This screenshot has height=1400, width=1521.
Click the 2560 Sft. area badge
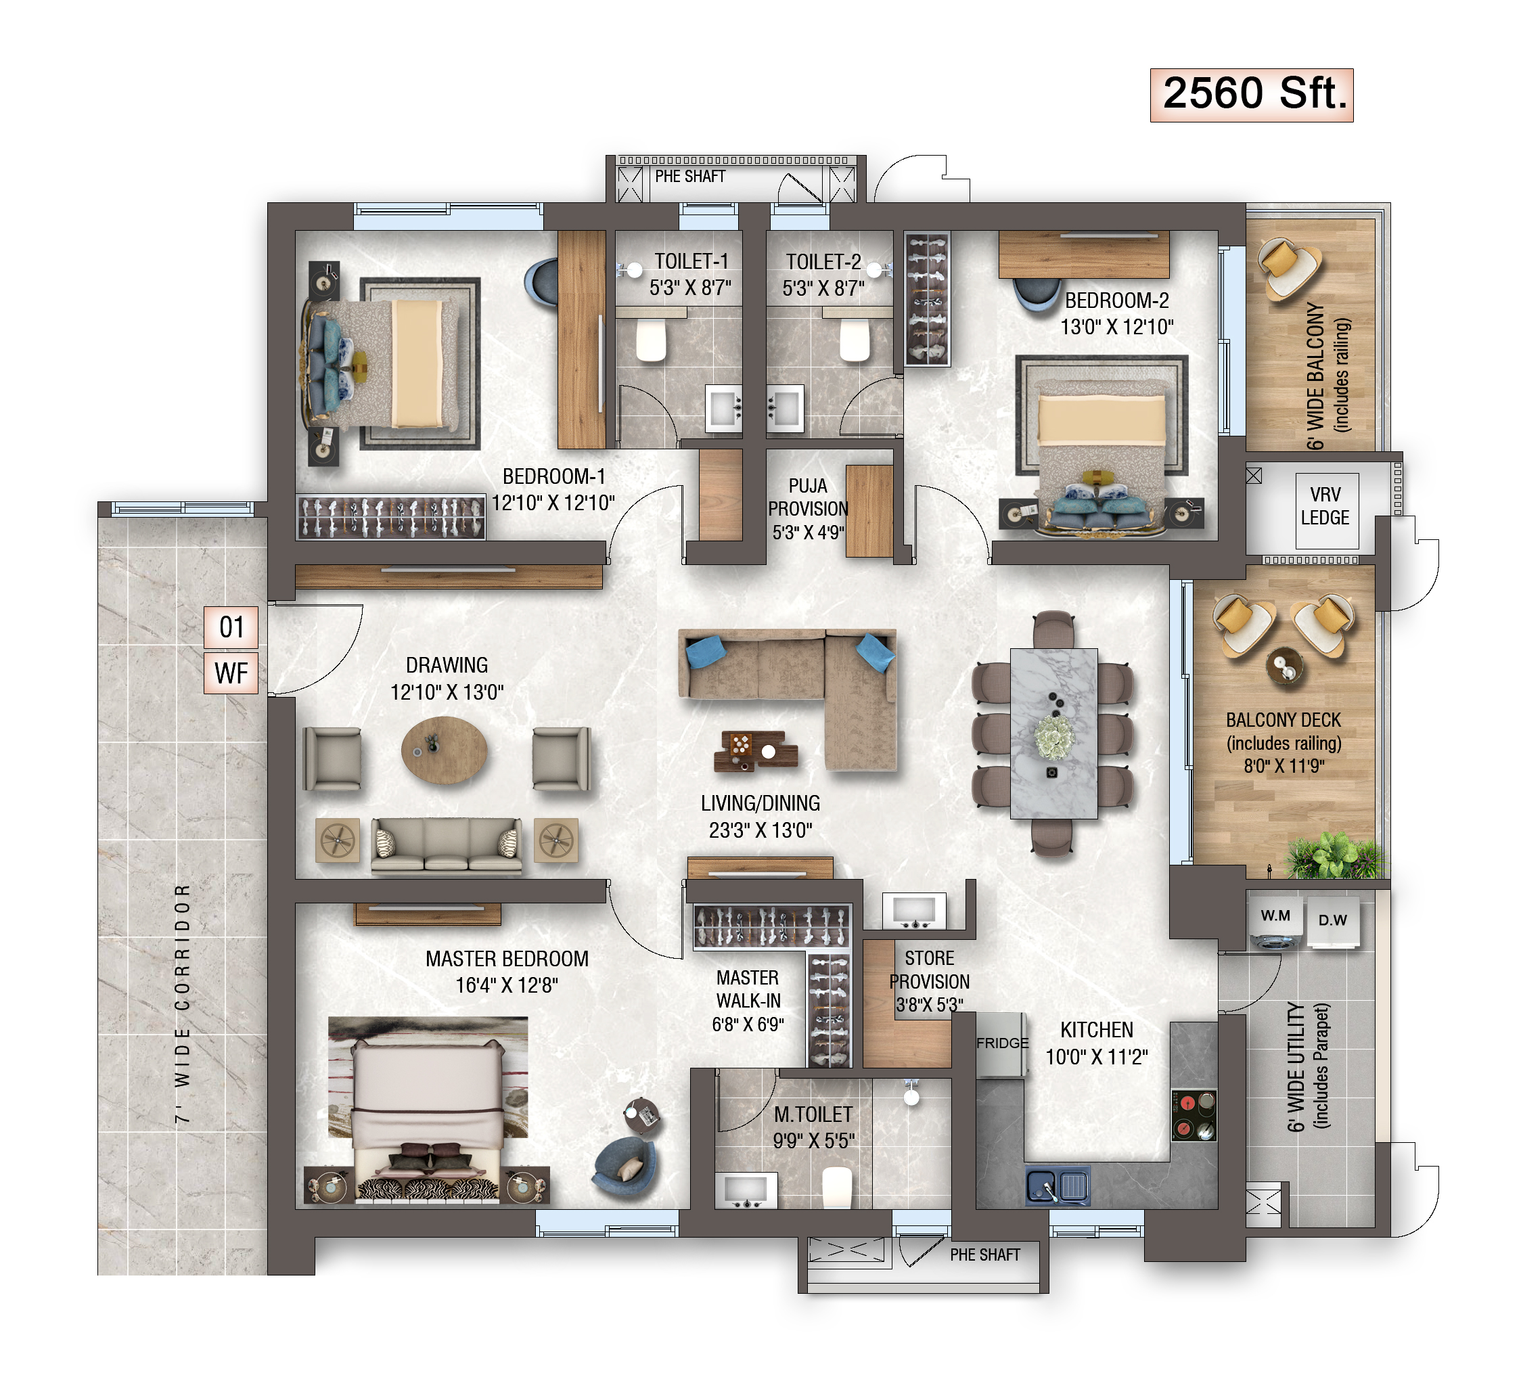click(x=1250, y=95)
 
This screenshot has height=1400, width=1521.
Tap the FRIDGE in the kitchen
click(x=1001, y=1045)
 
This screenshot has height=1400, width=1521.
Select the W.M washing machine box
click(x=1275, y=922)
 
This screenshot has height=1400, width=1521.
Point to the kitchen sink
click(x=1058, y=1186)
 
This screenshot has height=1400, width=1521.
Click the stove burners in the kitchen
click(x=1194, y=1115)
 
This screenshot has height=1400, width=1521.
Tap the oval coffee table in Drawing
click(x=444, y=750)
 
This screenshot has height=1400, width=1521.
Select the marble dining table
click(x=1053, y=733)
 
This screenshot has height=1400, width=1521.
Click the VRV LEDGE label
click(x=1325, y=506)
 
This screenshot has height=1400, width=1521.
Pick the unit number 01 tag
click(x=231, y=627)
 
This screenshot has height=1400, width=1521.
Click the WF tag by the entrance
click(x=231, y=673)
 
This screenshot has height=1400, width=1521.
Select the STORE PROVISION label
click(x=929, y=981)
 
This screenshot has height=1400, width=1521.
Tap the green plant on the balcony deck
click(x=1338, y=856)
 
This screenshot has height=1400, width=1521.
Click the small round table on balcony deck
click(x=1285, y=667)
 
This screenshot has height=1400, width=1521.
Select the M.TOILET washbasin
click(x=746, y=1190)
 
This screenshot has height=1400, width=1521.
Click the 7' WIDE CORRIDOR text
click(x=183, y=1003)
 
